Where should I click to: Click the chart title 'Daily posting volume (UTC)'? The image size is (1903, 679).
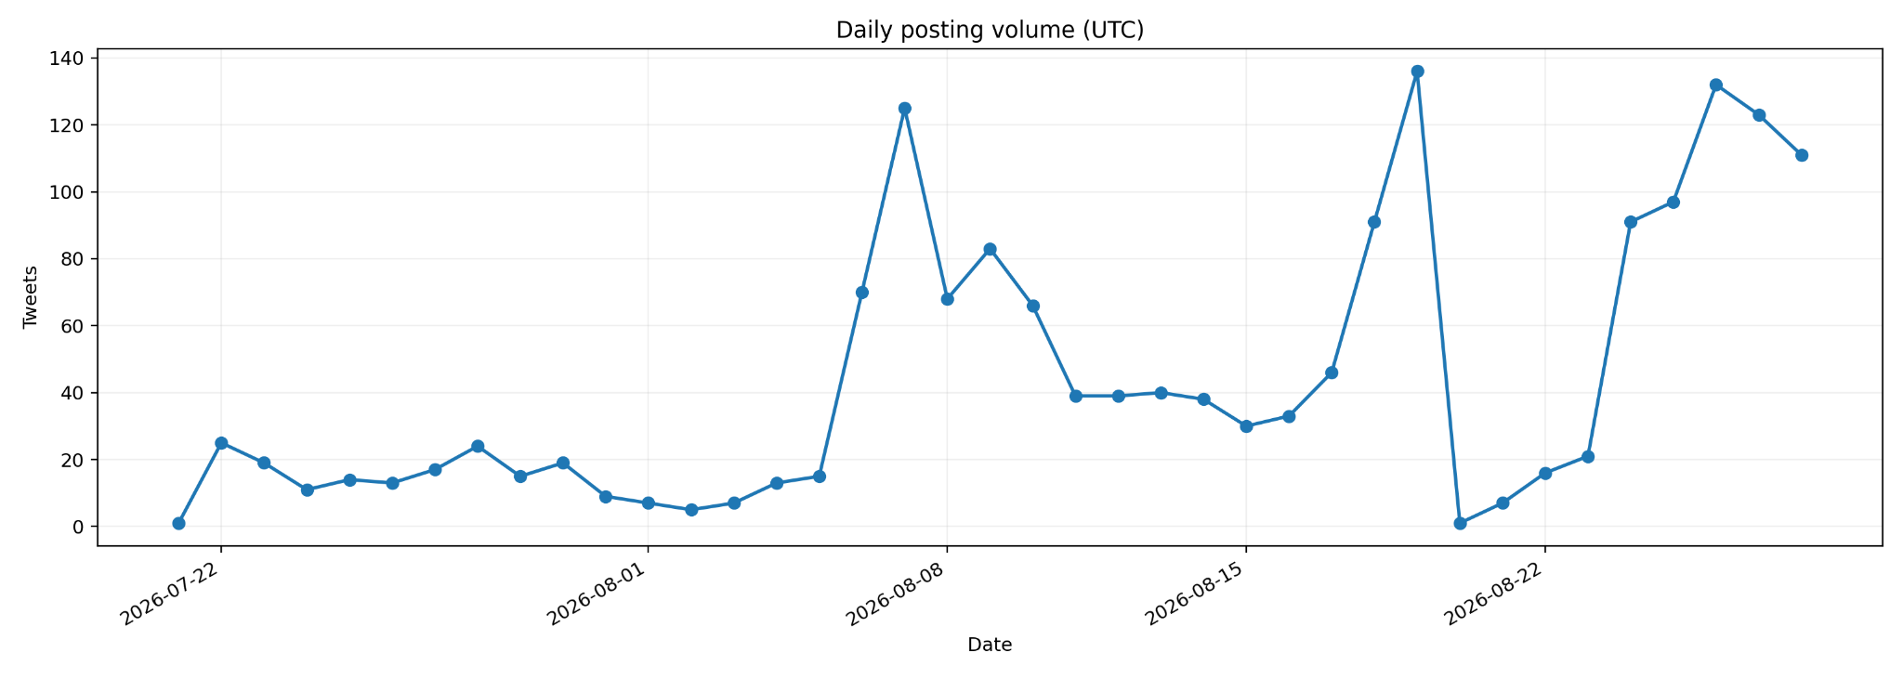click(x=990, y=30)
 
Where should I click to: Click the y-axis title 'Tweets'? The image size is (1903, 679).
click(x=31, y=297)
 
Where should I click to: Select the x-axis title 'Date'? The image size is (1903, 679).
click(x=990, y=645)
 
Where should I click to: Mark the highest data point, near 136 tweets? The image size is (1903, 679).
click(x=1417, y=72)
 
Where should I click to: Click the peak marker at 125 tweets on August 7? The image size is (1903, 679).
click(x=905, y=109)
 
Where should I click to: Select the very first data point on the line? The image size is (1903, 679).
click(x=178, y=524)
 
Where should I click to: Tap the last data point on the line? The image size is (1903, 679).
click(x=1802, y=155)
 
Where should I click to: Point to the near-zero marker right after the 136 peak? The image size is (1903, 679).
click(x=1460, y=524)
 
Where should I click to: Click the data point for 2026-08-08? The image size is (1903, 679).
click(x=947, y=299)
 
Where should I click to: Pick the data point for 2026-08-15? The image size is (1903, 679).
click(x=1246, y=426)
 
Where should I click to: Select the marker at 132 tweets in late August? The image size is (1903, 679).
click(x=1716, y=85)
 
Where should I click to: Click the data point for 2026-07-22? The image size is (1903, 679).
click(x=221, y=443)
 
